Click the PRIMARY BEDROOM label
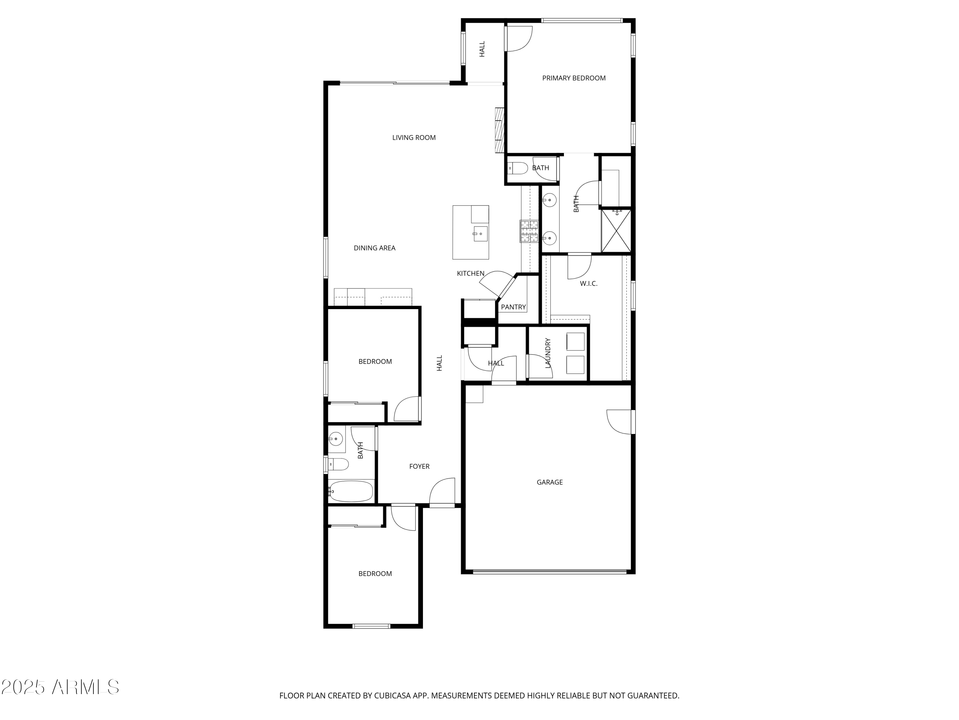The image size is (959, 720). (573, 78)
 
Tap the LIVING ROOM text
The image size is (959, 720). (414, 138)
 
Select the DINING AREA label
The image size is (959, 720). (374, 248)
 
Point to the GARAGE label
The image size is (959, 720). (549, 482)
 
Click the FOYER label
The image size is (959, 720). (419, 467)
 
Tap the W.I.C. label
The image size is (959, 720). (588, 284)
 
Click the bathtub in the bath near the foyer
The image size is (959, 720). (351, 491)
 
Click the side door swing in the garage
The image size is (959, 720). (620, 422)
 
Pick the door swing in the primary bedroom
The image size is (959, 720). (518, 39)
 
